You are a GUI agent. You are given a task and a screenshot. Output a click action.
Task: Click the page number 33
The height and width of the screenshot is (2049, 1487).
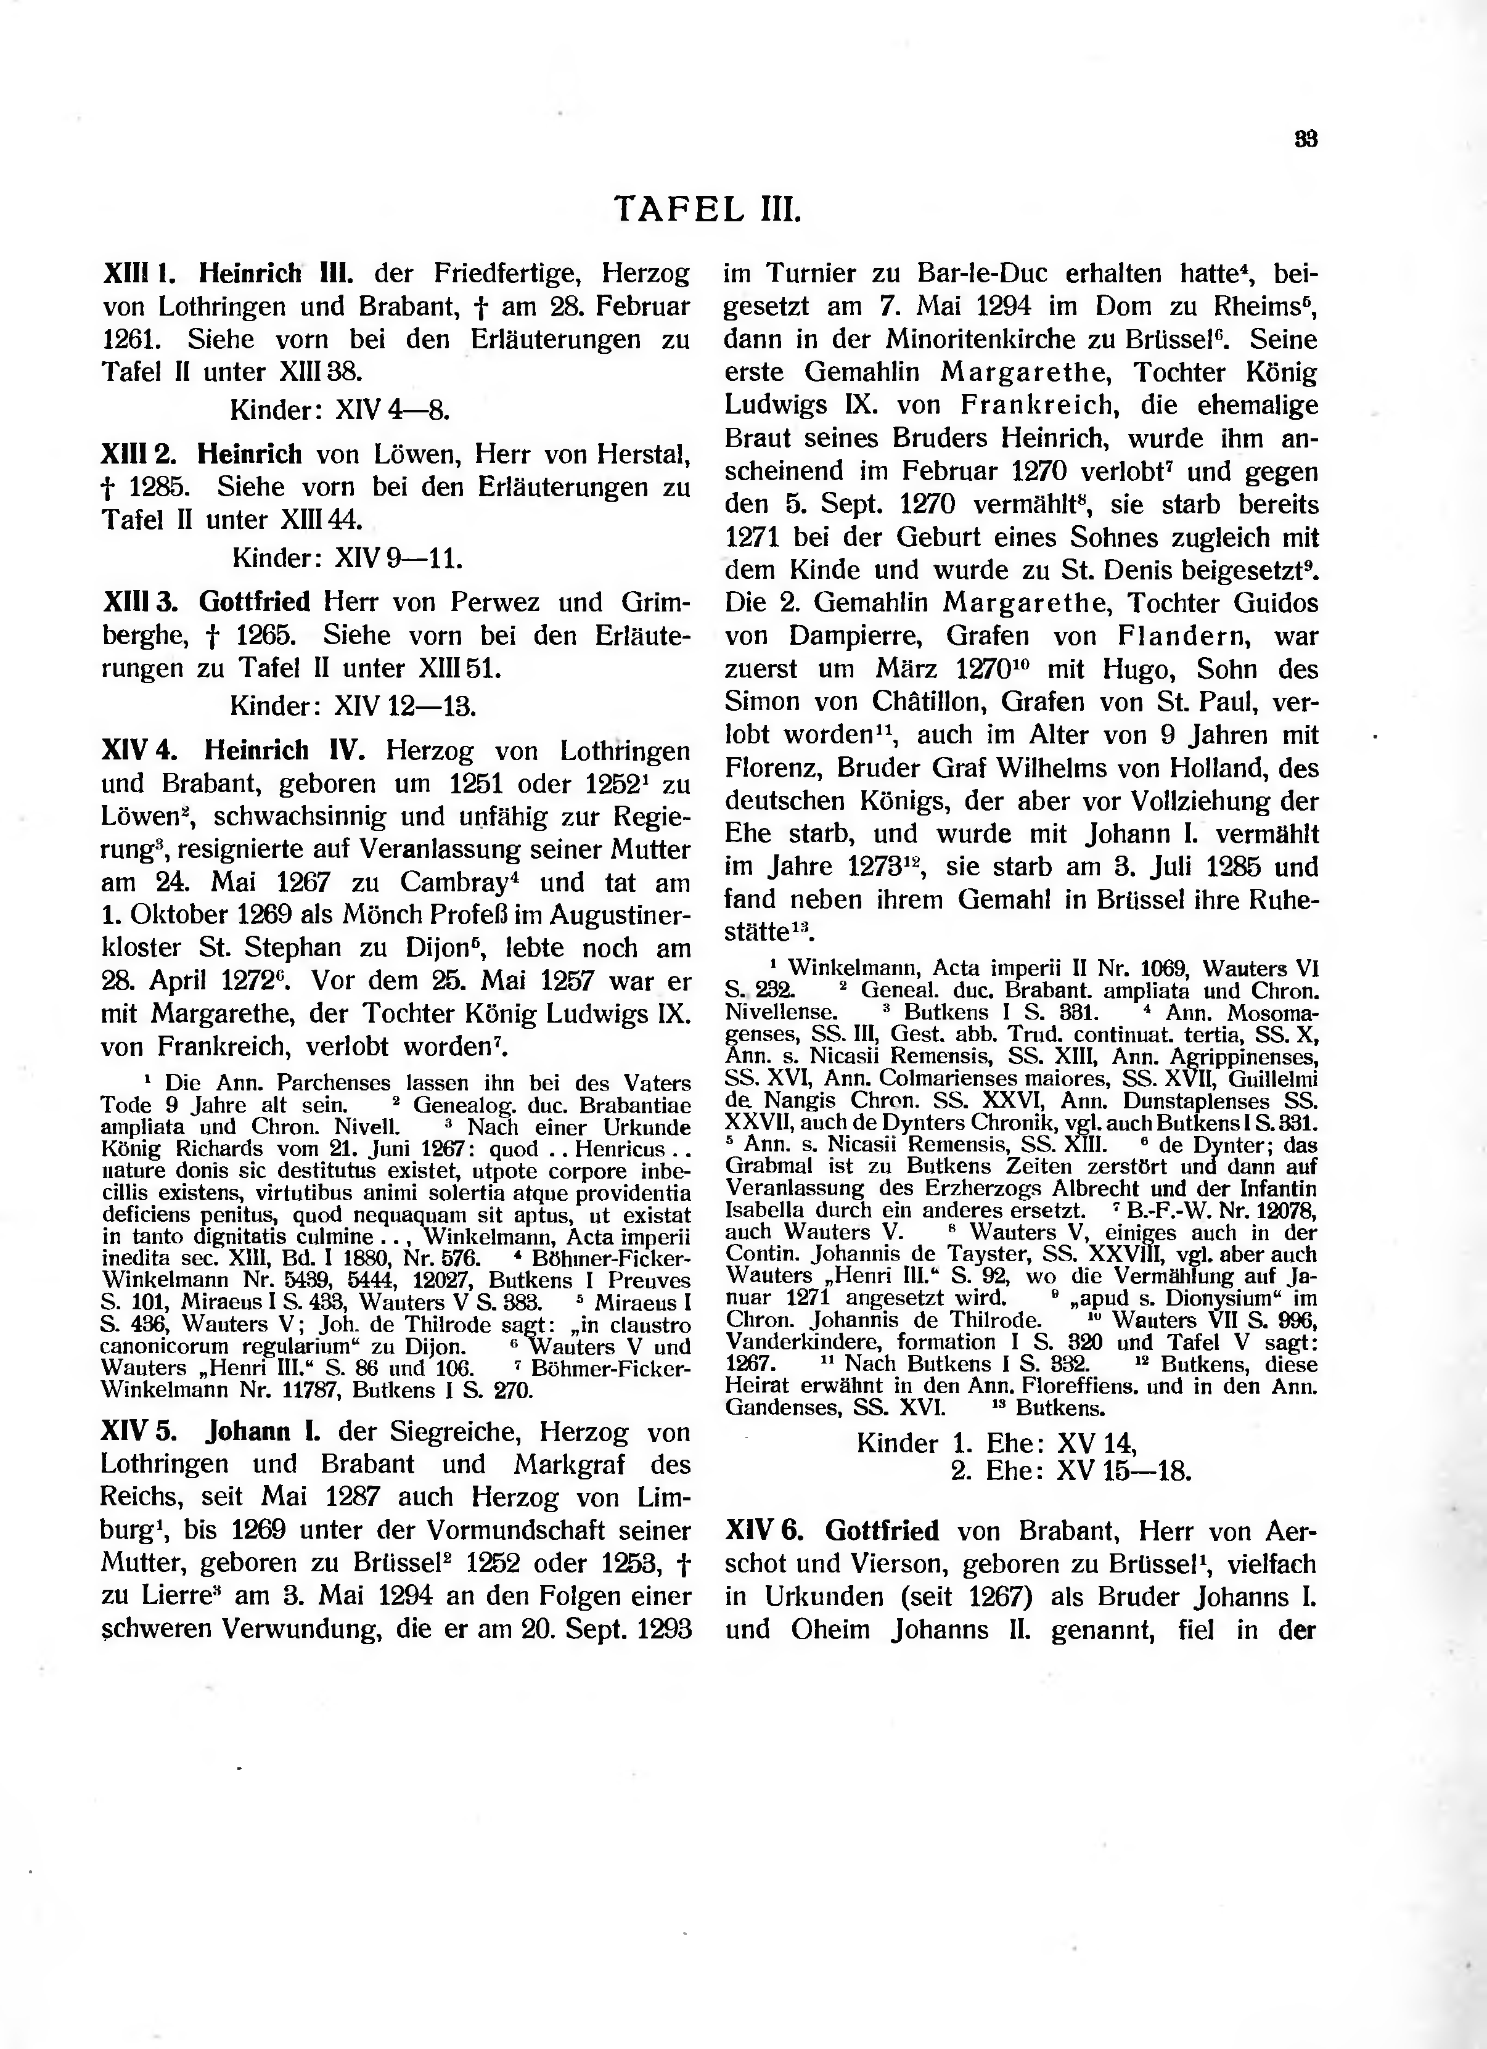(x=1306, y=140)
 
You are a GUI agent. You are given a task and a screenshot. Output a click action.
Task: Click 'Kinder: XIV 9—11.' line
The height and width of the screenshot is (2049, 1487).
(x=347, y=559)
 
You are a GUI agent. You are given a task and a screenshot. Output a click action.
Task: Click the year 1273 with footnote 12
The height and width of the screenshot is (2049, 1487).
(x=883, y=867)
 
